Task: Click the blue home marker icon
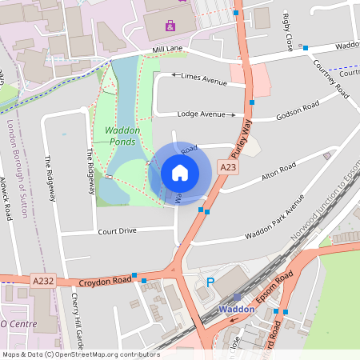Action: tap(180, 172)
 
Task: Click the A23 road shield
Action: tap(228, 167)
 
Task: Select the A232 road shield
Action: tap(43, 280)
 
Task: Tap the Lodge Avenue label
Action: tap(201, 114)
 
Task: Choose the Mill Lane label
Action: tap(169, 50)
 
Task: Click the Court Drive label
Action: tap(118, 231)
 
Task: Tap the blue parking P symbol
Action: tap(210, 282)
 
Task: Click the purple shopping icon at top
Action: tap(170, 26)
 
